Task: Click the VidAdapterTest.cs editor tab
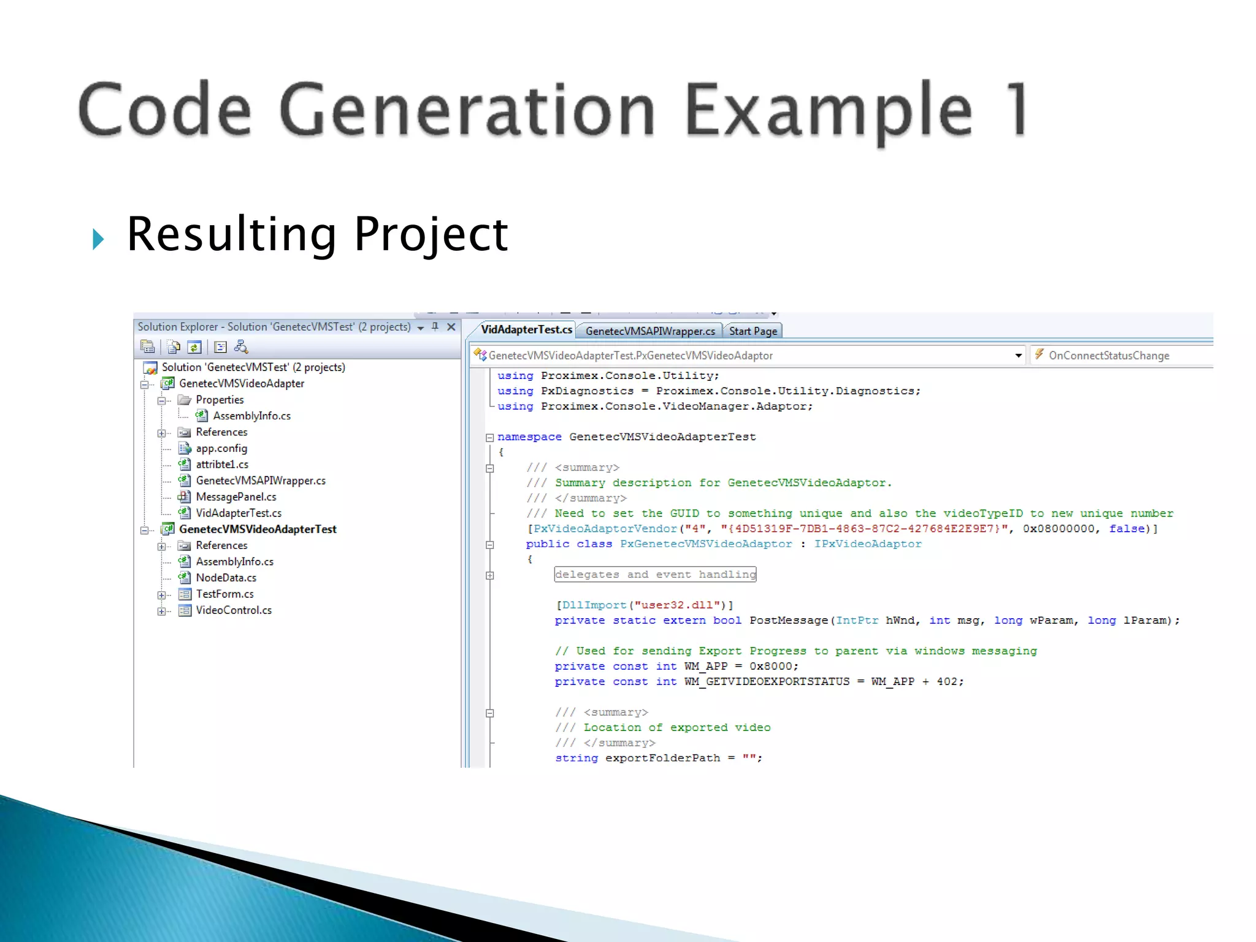tap(526, 330)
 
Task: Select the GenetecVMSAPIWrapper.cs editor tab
tap(649, 331)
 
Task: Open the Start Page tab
tap(752, 331)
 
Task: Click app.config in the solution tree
tap(221, 448)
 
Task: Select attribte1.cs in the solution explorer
tap(221, 464)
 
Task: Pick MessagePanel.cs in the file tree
tap(235, 497)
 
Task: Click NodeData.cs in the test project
tap(226, 578)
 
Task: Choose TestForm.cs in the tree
tap(224, 594)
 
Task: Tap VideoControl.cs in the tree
tap(233, 610)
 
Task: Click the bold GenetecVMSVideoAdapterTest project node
tap(257, 529)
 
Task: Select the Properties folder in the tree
tap(219, 400)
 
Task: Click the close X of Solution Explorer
tap(451, 327)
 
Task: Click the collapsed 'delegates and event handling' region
tap(654, 575)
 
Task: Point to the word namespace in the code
tap(529, 437)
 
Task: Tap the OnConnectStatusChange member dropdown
tap(1108, 356)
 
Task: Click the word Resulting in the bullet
tap(231, 234)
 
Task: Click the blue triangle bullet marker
tap(98, 239)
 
